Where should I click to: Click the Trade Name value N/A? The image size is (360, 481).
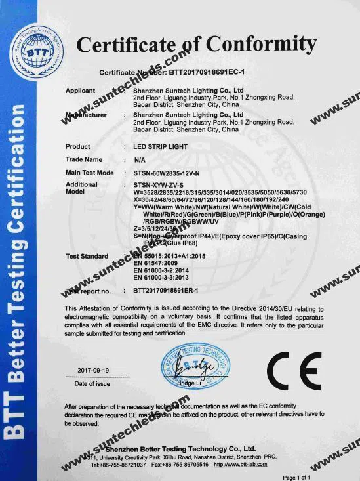pos(140,159)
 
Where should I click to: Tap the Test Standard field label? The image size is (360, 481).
pos(88,255)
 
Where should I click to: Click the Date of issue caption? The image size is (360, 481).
pos(92,383)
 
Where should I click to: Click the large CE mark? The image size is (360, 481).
pos(294,372)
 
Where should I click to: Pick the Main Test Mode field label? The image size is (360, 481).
pos(90,173)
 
